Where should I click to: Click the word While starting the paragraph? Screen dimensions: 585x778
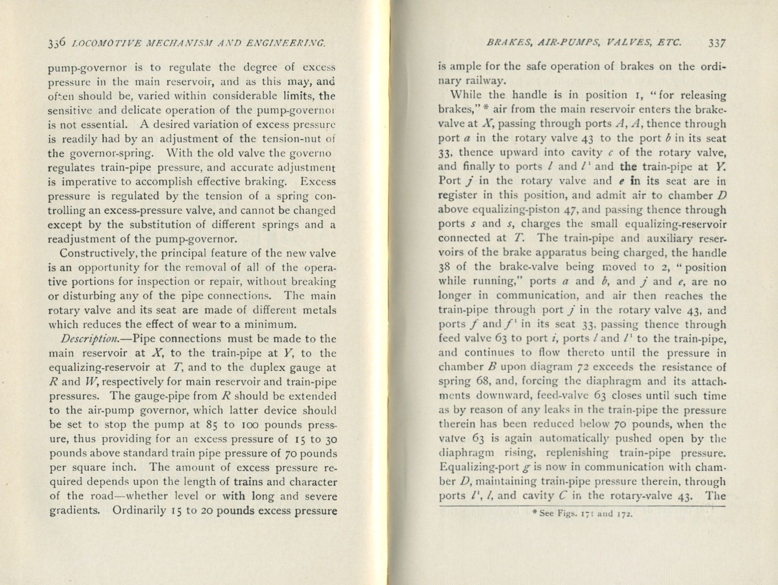tap(466, 95)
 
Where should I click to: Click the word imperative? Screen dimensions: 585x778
tap(90, 182)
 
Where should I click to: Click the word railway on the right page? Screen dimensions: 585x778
tap(470, 81)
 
